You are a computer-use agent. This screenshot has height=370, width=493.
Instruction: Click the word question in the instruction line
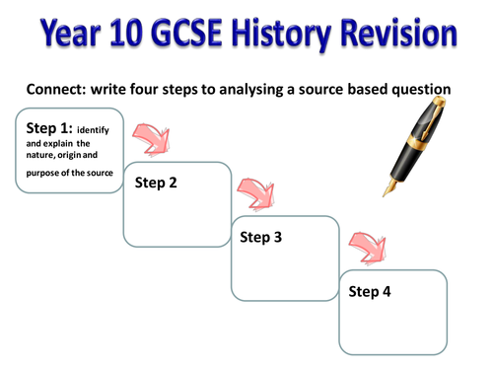pyautogui.click(x=415, y=90)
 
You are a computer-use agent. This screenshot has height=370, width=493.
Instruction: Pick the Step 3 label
pyautogui.click(x=261, y=237)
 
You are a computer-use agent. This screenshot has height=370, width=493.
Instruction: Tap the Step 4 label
pyautogui.click(x=370, y=291)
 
